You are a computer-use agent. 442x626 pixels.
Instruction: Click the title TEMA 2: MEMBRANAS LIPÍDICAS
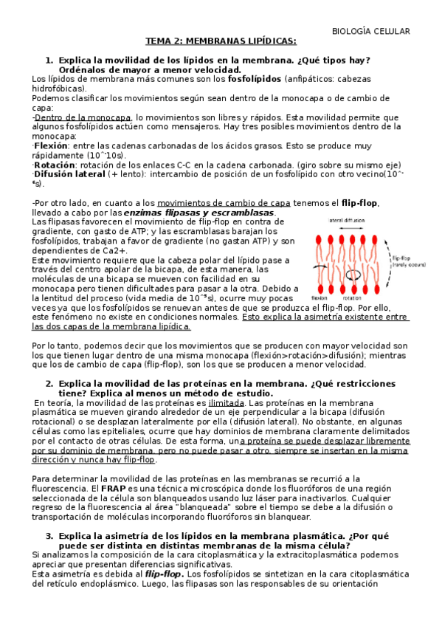(220, 41)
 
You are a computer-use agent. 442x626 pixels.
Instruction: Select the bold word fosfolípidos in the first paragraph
(255, 78)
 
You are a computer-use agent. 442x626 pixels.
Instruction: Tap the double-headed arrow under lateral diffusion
(358, 228)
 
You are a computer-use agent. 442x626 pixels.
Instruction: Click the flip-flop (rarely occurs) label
(424, 253)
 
